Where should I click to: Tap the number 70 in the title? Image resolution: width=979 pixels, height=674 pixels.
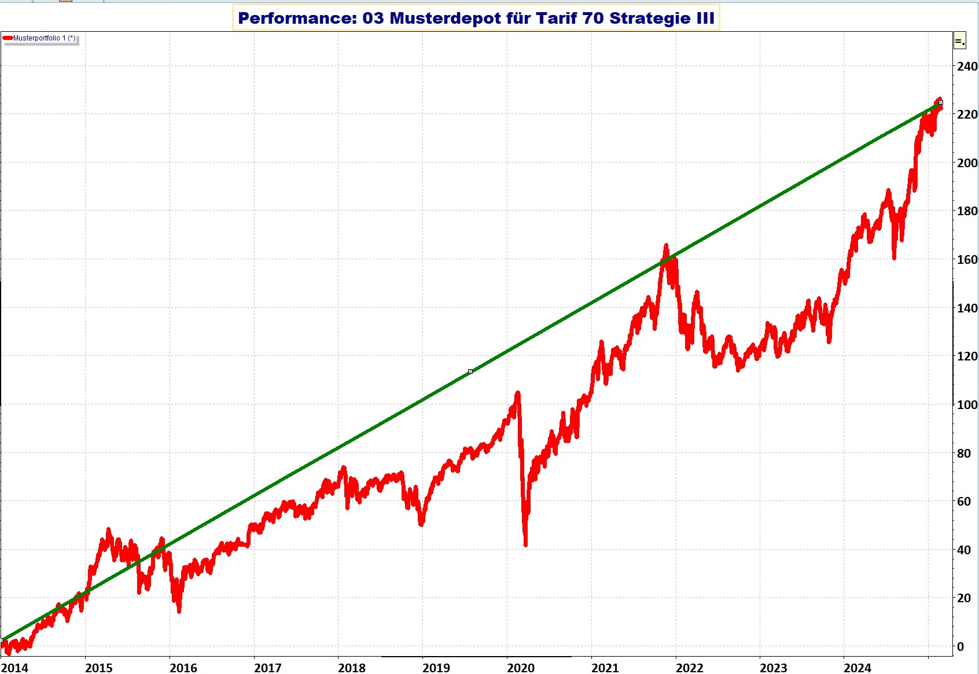coord(592,19)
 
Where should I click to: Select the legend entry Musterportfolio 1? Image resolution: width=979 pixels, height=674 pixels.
coord(44,38)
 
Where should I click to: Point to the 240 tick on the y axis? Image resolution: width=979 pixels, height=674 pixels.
coord(967,66)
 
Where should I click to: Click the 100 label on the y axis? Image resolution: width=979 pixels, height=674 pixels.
coord(967,404)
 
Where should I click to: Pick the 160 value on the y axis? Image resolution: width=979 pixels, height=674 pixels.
coord(967,259)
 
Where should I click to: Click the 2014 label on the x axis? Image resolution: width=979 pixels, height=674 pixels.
coord(14,668)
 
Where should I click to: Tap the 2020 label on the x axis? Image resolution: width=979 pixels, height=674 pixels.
coord(521,668)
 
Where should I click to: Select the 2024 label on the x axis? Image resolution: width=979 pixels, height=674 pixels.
coord(857,668)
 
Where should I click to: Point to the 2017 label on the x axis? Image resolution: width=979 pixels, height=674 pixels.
coord(268,668)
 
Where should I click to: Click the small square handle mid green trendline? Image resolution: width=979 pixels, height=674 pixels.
coord(470,371)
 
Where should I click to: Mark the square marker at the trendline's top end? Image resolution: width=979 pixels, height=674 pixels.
coord(940,102)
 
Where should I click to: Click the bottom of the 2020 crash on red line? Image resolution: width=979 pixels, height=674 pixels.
coord(525,544)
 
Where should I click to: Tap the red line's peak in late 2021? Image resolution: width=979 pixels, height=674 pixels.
coord(666,246)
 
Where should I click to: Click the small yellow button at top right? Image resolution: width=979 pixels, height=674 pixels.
coord(959,41)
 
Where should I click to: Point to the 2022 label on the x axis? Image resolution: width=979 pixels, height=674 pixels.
coord(689,668)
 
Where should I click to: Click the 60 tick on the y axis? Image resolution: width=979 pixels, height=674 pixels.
coord(964,501)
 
